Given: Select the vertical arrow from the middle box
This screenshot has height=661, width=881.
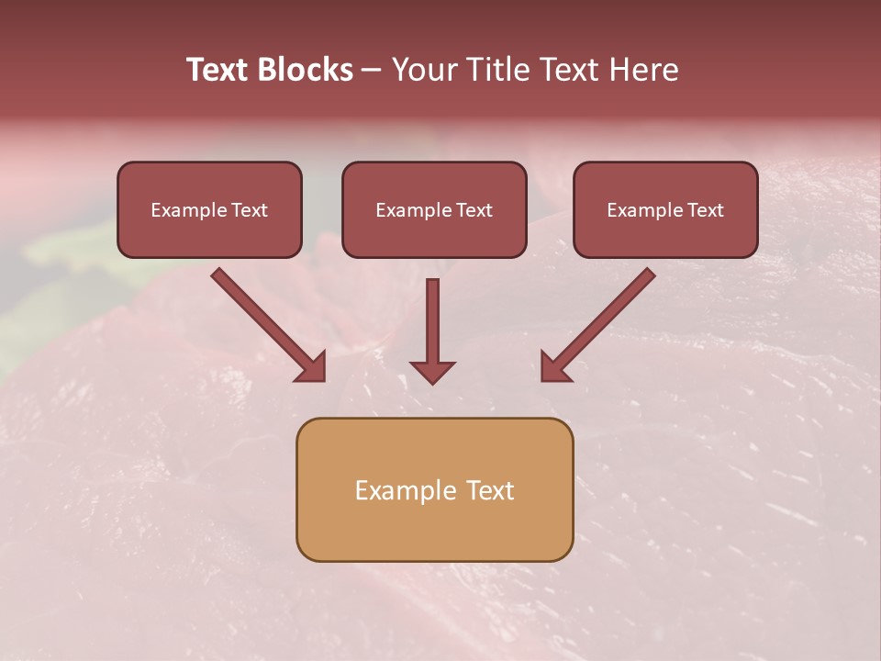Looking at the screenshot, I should tap(432, 321).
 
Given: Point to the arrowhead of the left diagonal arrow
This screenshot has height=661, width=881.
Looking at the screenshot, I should tap(312, 367).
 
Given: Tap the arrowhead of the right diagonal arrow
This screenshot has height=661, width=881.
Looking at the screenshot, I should tap(553, 367).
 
